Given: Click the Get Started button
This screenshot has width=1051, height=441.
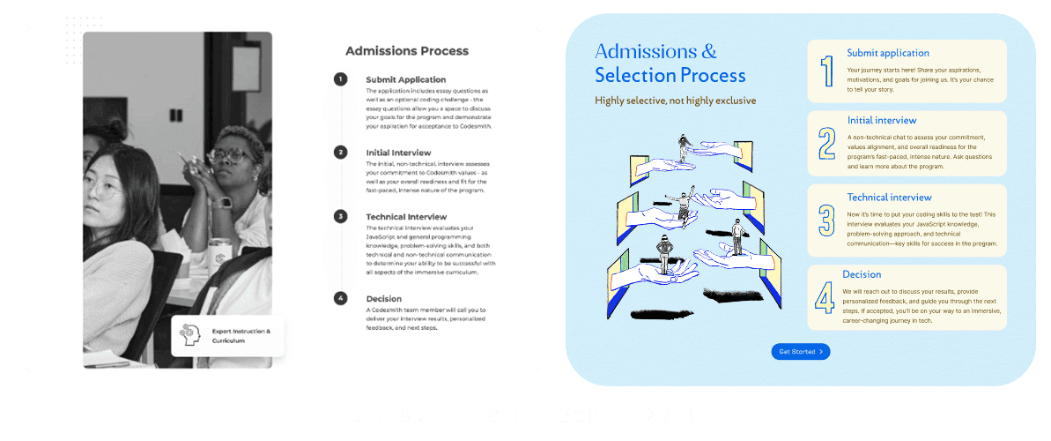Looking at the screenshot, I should click(800, 352).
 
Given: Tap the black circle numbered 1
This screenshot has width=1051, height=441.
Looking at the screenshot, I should click(340, 79).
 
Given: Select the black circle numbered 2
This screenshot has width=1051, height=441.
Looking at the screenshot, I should click(340, 152).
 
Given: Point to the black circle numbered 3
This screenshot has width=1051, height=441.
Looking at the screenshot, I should click(340, 216).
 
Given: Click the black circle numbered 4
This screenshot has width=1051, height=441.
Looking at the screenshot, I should click(340, 298).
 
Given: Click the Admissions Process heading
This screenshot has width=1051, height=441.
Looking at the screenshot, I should click(406, 51).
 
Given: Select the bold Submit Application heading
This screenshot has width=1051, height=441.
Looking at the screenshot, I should click(405, 79).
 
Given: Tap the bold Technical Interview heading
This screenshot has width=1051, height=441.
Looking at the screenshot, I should click(406, 216).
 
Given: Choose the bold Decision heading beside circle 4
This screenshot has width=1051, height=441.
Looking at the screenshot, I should click(383, 298).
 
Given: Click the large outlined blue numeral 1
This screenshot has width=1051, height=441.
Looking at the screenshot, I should click(826, 71).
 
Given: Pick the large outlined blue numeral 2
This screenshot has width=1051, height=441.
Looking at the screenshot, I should click(826, 143).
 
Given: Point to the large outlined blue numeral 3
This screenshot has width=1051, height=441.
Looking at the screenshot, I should click(826, 220).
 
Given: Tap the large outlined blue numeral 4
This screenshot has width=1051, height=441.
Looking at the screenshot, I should click(825, 297).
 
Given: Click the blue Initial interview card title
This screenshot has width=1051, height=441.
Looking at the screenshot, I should click(882, 120).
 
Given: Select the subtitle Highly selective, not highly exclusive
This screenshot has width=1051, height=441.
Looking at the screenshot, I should click(675, 101).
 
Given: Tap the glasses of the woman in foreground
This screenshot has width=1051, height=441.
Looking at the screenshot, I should click(107, 186).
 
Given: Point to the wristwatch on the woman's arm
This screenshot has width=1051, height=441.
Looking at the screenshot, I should click(225, 202).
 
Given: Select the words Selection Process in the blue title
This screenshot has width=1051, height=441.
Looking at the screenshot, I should click(670, 76).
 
